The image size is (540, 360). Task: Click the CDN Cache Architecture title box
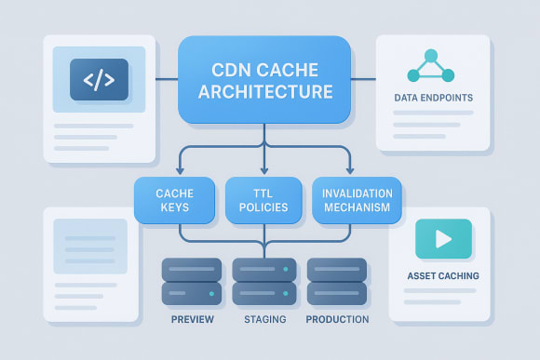(263, 79)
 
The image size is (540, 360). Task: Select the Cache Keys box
(173, 201)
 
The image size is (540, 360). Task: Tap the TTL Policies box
(263, 201)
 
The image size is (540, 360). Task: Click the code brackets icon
(100, 80)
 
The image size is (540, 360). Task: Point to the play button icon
(442, 239)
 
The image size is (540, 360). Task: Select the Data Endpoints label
(434, 97)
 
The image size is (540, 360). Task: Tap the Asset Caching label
(443, 275)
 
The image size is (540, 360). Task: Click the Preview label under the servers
(193, 319)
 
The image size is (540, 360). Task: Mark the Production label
(337, 319)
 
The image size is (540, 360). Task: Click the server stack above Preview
(192, 282)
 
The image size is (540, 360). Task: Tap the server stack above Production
(336, 282)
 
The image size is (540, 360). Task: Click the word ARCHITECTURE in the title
(263, 92)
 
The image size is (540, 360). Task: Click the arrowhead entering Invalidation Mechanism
(350, 170)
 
